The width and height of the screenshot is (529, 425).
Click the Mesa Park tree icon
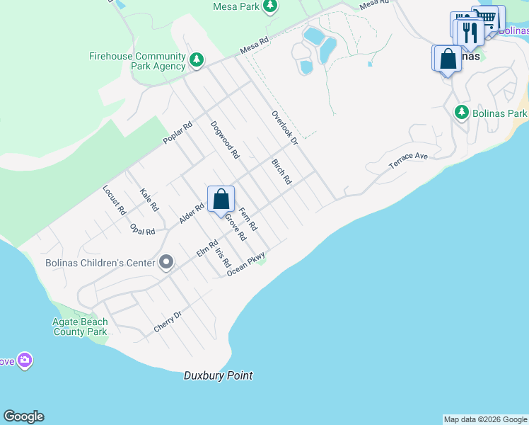[269, 6]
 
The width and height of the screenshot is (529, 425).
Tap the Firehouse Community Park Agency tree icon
[197, 61]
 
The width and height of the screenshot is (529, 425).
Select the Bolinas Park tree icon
[461, 113]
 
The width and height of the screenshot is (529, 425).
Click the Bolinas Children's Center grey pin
[166, 263]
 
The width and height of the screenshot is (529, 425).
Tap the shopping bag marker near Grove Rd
[221, 200]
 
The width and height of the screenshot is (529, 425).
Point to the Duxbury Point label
[218, 375]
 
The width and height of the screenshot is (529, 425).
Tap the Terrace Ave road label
[409, 161]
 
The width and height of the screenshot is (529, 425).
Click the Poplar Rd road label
[178, 134]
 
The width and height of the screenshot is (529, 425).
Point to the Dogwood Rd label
[225, 139]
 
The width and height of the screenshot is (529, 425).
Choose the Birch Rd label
[281, 171]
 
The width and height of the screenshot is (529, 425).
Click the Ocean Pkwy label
[246, 264]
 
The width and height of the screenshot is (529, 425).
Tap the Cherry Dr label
[168, 322]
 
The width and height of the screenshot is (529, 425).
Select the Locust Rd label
[114, 200]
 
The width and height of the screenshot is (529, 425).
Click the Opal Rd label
[143, 229]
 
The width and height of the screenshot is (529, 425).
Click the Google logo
[23, 416]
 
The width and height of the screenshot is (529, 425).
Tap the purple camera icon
[25, 361]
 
